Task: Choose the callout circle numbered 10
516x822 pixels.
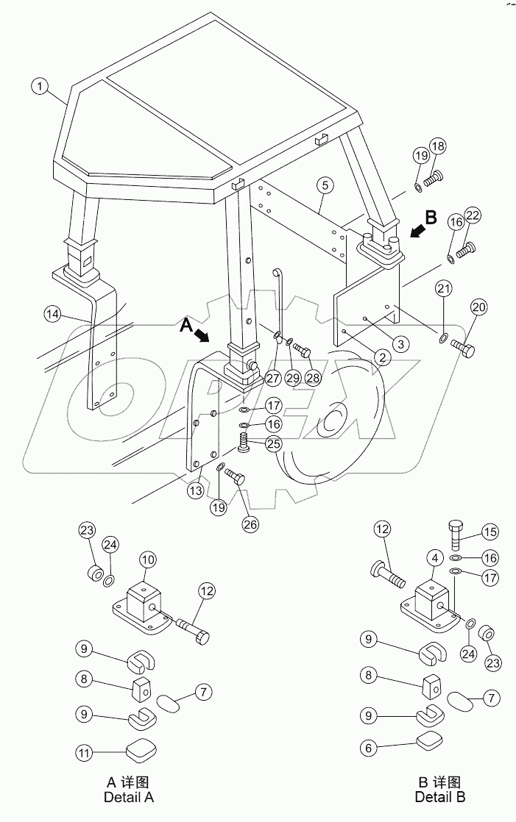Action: [x=148, y=560]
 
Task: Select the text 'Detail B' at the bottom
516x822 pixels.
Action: [x=439, y=796]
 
